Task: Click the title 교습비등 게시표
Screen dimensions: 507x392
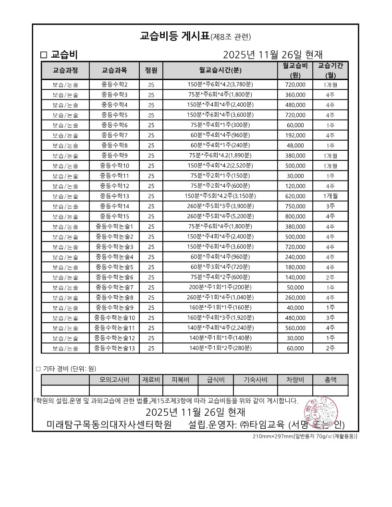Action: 175,36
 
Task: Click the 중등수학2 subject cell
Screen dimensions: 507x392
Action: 114,84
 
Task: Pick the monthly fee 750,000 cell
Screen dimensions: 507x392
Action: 295,206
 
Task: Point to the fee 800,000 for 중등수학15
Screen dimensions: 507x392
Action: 295,216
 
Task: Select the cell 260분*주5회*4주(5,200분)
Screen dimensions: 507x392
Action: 220,216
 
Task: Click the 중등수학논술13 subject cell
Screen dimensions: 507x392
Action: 114,348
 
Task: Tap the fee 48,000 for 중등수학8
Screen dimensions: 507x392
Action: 295,145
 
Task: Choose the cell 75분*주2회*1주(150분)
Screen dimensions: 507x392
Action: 220,176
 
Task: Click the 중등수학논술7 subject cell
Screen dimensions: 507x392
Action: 114,287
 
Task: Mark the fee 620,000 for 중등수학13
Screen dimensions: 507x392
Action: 295,196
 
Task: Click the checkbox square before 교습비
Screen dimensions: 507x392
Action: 44,55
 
